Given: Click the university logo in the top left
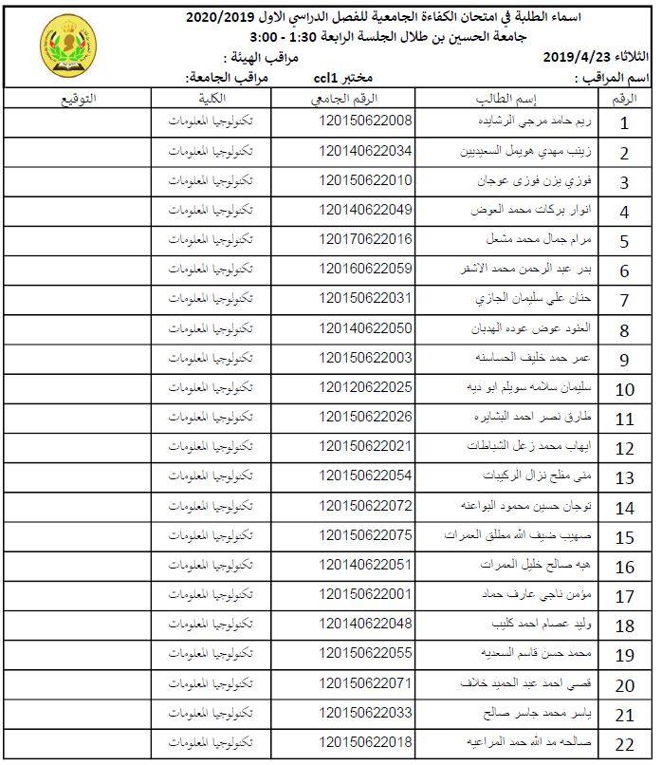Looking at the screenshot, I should coord(67,47).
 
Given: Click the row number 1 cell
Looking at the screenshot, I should coord(624,123).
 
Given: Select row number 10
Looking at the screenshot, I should coord(624,389).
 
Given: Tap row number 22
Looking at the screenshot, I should coord(624,743).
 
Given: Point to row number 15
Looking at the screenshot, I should coord(624,537).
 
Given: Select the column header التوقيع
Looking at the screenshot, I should coord(77,99).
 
